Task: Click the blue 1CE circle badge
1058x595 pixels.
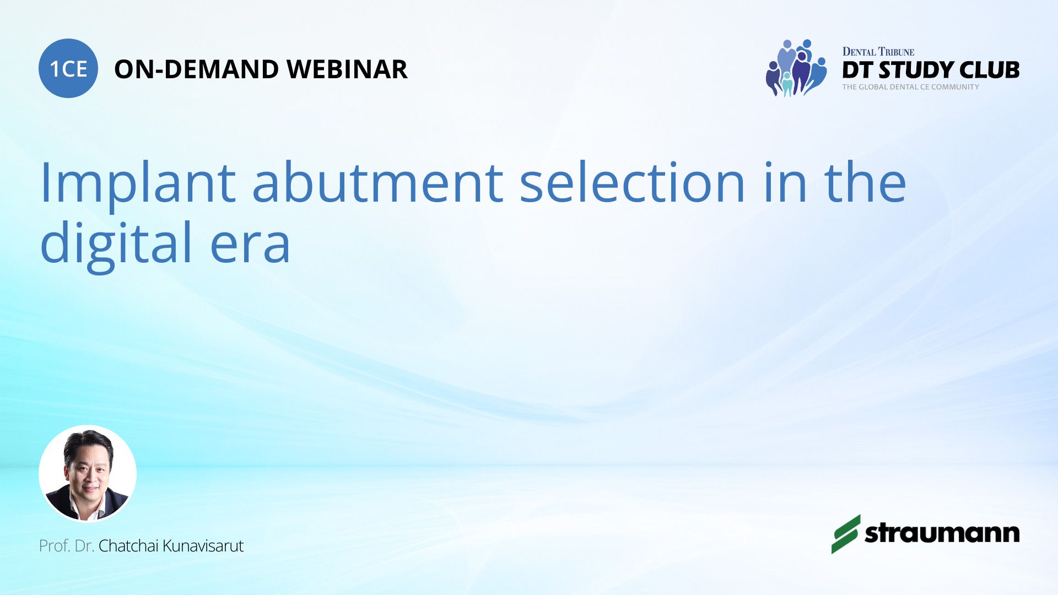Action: click(x=68, y=68)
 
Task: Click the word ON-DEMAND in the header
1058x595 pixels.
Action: click(x=196, y=69)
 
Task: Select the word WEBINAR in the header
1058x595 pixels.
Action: click(x=347, y=69)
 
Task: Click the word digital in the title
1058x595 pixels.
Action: click(x=116, y=243)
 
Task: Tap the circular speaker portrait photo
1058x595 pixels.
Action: click(x=88, y=473)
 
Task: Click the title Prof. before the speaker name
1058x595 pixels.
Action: click(x=55, y=546)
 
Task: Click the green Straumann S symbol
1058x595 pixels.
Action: click(x=846, y=534)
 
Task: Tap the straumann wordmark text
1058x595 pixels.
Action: click(x=942, y=533)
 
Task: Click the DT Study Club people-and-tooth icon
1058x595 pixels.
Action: click(x=796, y=68)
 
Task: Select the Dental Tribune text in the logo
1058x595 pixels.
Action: click(x=878, y=52)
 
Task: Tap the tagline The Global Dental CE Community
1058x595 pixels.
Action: click(x=911, y=87)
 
